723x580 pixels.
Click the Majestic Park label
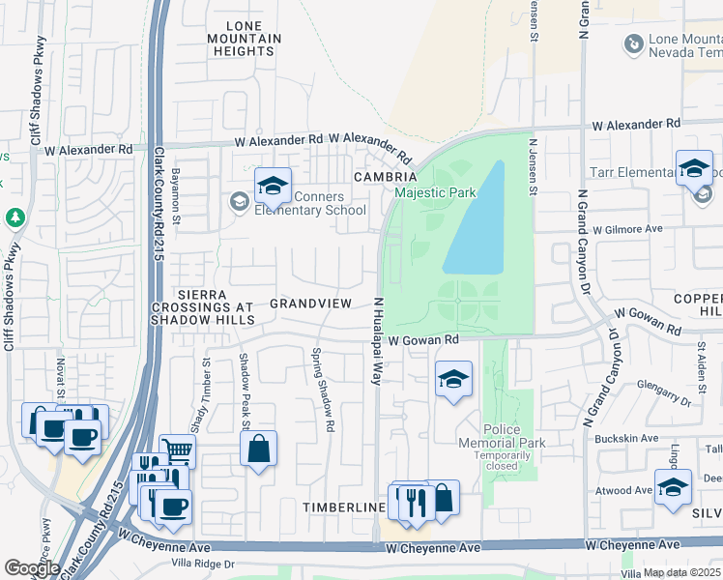(x=435, y=192)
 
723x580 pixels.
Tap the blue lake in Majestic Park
(x=476, y=221)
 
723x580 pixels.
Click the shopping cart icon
(x=178, y=450)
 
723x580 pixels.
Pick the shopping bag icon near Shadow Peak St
(x=258, y=449)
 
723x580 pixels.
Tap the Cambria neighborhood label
(x=385, y=178)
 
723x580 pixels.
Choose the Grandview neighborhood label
(x=310, y=304)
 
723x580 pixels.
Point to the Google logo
(x=32, y=567)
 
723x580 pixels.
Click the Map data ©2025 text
(x=681, y=572)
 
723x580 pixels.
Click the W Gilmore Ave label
(x=627, y=230)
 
